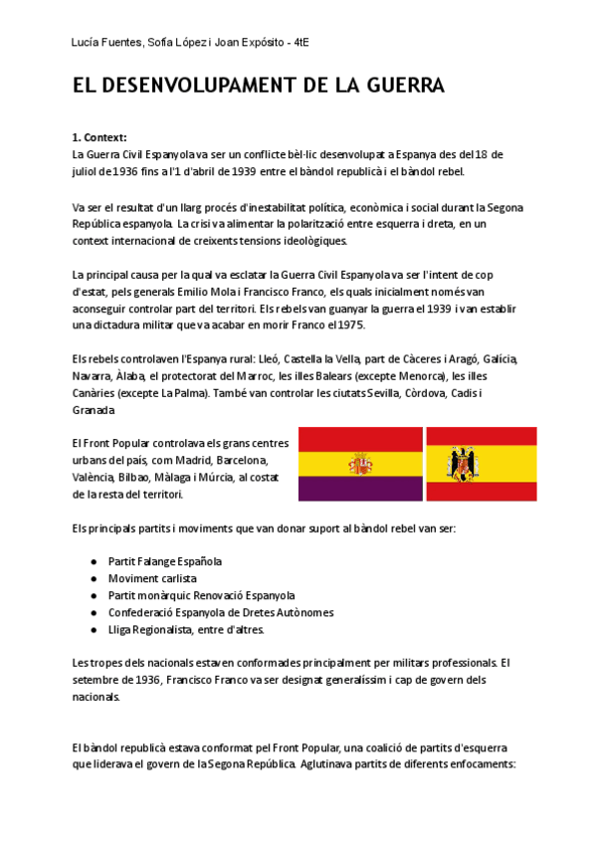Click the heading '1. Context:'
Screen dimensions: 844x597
pos(99,137)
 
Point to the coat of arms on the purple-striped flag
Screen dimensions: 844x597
pos(359,464)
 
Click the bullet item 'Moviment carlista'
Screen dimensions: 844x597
pos(152,578)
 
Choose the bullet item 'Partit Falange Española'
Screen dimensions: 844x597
pos(164,561)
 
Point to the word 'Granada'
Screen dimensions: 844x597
pos(94,410)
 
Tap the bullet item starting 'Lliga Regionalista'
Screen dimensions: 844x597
pos(186,629)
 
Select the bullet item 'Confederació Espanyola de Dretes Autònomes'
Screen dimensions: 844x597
pos(221,612)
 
